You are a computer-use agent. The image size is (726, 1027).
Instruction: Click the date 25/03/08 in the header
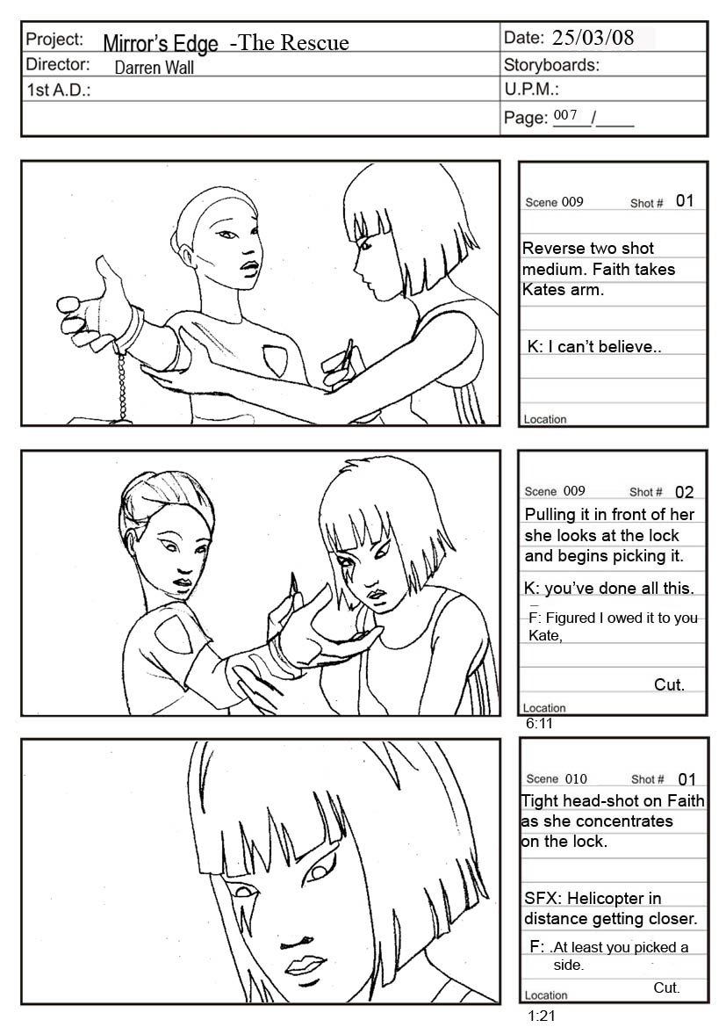point(593,37)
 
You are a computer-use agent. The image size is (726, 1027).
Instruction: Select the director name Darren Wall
point(154,68)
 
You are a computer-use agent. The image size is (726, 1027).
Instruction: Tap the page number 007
point(565,115)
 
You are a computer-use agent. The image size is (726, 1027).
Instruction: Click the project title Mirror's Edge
point(161,43)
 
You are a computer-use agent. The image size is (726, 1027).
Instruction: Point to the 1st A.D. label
point(58,90)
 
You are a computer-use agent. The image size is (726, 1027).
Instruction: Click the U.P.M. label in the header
point(531,89)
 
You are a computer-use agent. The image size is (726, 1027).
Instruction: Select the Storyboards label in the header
point(551,65)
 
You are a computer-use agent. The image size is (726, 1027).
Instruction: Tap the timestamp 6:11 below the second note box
point(539,724)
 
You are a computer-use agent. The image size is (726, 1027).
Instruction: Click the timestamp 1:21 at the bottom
point(541,1016)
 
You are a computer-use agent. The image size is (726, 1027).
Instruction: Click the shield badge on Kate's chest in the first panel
point(274,360)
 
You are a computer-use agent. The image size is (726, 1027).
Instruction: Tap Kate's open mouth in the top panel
point(248,267)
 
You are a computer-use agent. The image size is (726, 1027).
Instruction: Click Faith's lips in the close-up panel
point(304,964)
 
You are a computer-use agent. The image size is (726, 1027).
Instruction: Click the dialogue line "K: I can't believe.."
point(594,346)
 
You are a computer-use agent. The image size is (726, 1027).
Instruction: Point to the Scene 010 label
point(557,778)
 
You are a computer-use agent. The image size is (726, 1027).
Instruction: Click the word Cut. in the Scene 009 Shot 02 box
point(669,684)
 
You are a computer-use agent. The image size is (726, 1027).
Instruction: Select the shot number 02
point(684,492)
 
